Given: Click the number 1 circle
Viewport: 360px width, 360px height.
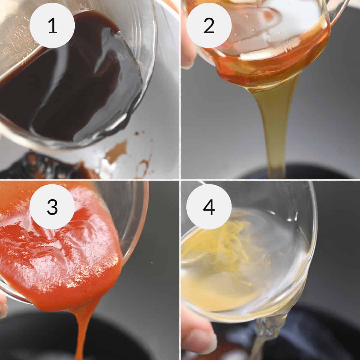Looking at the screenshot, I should (53, 26).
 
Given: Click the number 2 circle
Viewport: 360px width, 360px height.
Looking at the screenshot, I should (209, 26).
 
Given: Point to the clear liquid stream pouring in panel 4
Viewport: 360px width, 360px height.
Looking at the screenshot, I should (261, 336).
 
